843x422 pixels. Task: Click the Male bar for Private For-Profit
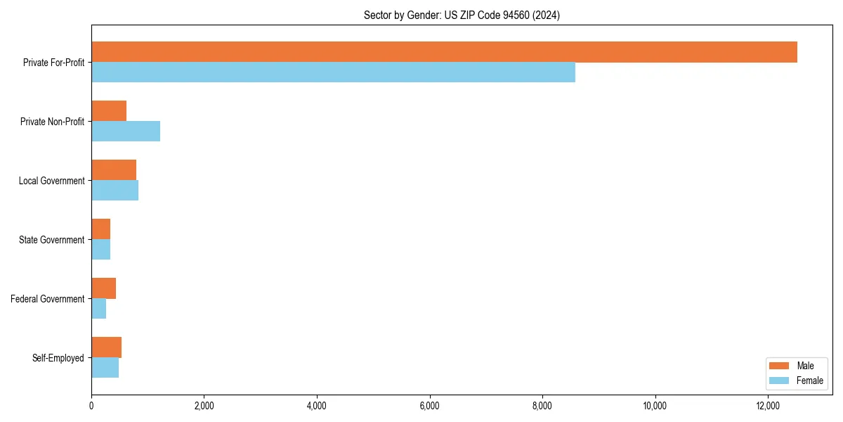point(444,52)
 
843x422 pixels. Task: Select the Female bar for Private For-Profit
point(333,72)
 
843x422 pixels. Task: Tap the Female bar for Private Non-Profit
point(126,132)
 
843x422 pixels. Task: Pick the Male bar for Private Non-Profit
point(109,111)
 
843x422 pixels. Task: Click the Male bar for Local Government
point(114,170)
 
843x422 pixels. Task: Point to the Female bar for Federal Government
point(99,309)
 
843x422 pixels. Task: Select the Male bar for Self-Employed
point(107,347)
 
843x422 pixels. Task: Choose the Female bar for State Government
point(101,250)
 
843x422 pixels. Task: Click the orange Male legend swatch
point(779,366)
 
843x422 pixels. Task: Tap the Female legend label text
point(809,381)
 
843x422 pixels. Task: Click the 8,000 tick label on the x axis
point(542,406)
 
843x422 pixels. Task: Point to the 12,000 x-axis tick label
point(768,406)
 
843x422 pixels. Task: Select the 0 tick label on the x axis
point(91,406)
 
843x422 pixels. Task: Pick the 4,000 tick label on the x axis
point(317,406)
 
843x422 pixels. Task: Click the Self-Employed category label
point(58,358)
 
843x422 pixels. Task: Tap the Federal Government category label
point(48,299)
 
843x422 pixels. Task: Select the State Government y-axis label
point(51,240)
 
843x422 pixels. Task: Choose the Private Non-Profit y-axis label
point(52,122)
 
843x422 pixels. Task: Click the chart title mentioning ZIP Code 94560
point(462,15)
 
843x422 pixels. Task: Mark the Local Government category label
point(51,181)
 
